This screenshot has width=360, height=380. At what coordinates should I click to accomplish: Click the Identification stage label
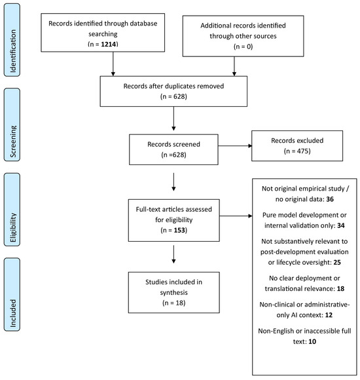[12, 40]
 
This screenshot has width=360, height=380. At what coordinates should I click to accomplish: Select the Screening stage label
[12, 124]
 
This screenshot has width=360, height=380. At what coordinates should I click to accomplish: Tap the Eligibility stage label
[12, 210]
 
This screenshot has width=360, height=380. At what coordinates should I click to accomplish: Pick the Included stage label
[12, 294]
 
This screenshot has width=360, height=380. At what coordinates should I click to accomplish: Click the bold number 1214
[109, 44]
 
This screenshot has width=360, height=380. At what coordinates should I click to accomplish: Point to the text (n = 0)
[243, 47]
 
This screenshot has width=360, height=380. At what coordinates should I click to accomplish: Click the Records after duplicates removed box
[173, 91]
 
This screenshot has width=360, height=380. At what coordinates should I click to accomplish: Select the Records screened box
[173, 149]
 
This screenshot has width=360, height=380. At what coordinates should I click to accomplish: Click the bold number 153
[179, 230]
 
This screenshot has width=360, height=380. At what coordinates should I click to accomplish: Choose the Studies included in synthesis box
[174, 292]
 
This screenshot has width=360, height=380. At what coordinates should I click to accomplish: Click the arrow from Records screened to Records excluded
[235, 145]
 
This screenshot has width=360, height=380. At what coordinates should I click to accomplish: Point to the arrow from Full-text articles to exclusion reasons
[236, 216]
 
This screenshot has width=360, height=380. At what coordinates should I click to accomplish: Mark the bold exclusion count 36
[330, 199]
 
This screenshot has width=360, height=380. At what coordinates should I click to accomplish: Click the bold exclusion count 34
[341, 225]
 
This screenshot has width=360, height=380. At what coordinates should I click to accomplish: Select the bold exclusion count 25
[337, 263]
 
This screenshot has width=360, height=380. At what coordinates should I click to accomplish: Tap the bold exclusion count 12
[329, 315]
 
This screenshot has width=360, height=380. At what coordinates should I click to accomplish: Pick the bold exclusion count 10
[312, 342]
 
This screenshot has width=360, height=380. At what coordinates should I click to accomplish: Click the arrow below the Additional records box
[234, 66]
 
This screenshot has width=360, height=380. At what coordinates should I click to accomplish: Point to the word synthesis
[174, 292]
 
